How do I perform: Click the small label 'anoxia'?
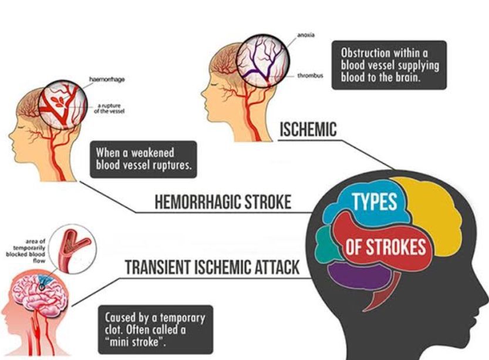pyautogui.click(x=306, y=35)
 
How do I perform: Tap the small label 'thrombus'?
pyautogui.click(x=310, y=76)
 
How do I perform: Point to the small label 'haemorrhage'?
pyautogui.click(x=107, y=79)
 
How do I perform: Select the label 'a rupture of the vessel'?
pyautogui.click(x=109, y=108)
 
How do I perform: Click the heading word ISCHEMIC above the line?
pyautogui.click(x=308, y=129)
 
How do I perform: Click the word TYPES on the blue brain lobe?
pyautogui.click(x=375, y=201)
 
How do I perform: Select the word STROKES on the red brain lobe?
pyautogui.click(x=396, y=247)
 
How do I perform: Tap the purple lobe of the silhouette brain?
pyautogui.click(x=359, y=274)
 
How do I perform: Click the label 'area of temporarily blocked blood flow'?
pyautogui.click(x=26, y=251)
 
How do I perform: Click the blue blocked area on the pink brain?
pyautogui.click(x=45, y=281)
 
